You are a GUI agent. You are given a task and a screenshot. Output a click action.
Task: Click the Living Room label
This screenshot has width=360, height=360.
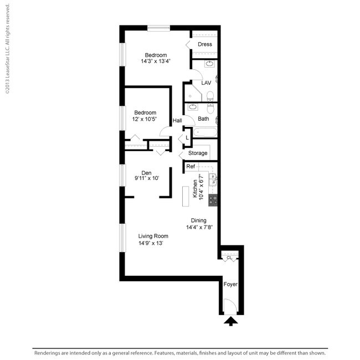pyautogui.click(x=153, y=236)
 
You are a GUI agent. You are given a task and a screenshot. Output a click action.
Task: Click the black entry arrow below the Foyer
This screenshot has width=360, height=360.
pyautogui.click(x=231, y=321)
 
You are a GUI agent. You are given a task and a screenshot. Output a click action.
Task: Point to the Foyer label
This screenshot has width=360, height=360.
pyautogui.click(x=230, y=284)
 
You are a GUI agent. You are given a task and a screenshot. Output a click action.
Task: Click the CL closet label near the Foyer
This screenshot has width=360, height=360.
pyautogui.click(x=229, y=257)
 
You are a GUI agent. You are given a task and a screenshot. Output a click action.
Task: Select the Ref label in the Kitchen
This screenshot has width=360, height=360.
pyautogui.click(x=191, y=167)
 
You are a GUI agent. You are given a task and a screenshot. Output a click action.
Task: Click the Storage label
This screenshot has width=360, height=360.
pyautogui.click(x=198, y=153)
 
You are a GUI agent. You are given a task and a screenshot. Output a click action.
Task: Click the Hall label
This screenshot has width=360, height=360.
pyautogui.click(x=177, y=121)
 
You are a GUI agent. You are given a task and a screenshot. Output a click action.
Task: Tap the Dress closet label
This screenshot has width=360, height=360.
pyautogui.click(x=205, y=44)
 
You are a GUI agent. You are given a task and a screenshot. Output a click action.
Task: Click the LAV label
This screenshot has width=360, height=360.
pyautogui.click(x=206, y=83)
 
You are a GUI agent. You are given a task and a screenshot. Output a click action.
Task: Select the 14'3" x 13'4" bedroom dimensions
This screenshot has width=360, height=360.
pyautogui.click(x=156, y=61)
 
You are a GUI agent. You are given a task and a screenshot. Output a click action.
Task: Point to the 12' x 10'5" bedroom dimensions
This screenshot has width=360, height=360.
pyautogui.click(x=145, y=119)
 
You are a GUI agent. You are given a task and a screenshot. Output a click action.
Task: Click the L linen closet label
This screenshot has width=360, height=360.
pyautogui.click(x=187, y=137)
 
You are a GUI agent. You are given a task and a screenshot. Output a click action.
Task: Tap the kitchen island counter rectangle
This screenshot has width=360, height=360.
pyautogui.click(x=186, y=197)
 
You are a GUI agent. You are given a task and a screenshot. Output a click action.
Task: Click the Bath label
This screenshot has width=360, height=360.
pyautogui.click(x=203, y=119)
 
